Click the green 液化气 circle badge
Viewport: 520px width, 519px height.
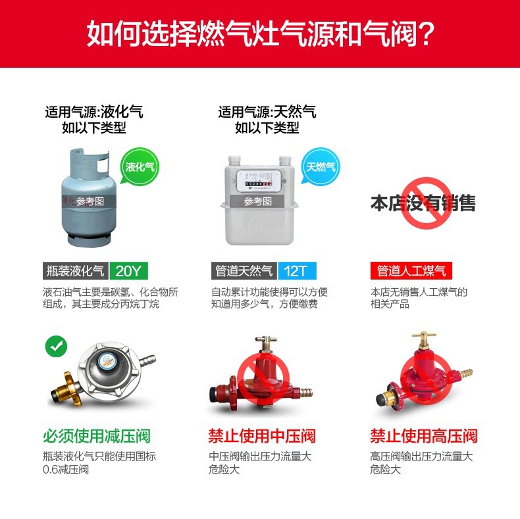(x=140, y=167)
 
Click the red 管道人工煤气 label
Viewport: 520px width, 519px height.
(x=411, y=270)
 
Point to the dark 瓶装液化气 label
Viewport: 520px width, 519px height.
(x=74, y=270)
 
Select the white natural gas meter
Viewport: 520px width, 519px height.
(x=258, y=201)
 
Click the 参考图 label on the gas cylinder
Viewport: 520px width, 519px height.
(x=90, y=201)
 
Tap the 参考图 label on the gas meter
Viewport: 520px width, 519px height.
(x=258, y=201)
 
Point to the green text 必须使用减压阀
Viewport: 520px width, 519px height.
(x=97, y=435)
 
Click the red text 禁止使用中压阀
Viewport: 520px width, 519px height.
(x=262, y=435)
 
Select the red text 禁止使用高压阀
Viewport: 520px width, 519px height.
(x=423, y=435)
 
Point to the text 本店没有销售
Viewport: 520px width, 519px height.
(x=423, y=203)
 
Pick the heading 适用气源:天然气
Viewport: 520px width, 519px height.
(x=267, y=112)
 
